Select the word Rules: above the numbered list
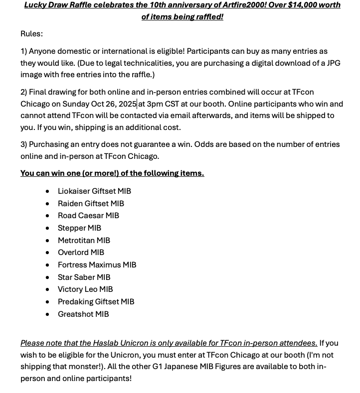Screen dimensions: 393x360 click(31, 34)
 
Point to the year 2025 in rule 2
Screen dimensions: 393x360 click(127, 104)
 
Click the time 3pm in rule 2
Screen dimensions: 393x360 click(157, 104)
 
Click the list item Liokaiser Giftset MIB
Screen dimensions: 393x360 click(94, 191)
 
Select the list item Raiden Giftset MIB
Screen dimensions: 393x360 click(91, 203)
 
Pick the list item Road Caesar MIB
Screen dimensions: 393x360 click(88, 216)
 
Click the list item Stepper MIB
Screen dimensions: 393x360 click(79, 228)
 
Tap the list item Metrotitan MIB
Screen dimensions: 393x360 click(84, 240)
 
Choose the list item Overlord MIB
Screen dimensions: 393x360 click(81, 253)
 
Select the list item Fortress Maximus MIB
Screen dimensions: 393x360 click(97, 265)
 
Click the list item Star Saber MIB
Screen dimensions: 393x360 click(84, 277)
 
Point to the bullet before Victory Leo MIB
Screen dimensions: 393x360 click(47, 289)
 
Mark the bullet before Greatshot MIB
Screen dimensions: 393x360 click(47, 314)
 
